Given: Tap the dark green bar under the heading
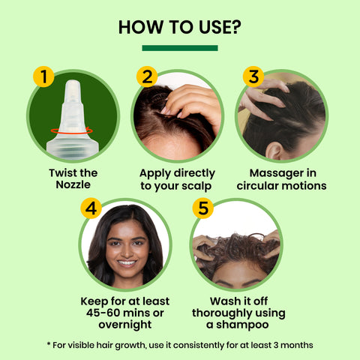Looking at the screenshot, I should pyautogui.click(x=180, y=48).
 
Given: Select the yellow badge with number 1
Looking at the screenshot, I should pyautogui.click(x=43, y=76).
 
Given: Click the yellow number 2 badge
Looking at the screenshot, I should pyautogui.click(x=147, y=76).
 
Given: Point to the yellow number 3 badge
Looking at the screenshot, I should pyautogui.click(x=253, y=76).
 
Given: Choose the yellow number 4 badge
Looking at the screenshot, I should pyautogui.click(x=93, y=208).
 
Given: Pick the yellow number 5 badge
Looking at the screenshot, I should pyautogui.click(x=202, y=208).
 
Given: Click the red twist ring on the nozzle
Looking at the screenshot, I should pyautogui.click(x=72, y=130).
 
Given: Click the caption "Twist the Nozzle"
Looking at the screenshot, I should pyautogui.click(x=73, y=179).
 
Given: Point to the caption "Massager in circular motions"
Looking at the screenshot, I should pyautogui.click(x=281, y=179).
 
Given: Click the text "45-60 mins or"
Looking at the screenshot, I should pyautogui.click(x=125, y=313).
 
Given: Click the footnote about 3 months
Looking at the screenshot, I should pyautogui.click(x=180, y=344).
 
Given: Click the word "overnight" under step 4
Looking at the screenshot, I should pyautogui.click(x=125, y=325).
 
